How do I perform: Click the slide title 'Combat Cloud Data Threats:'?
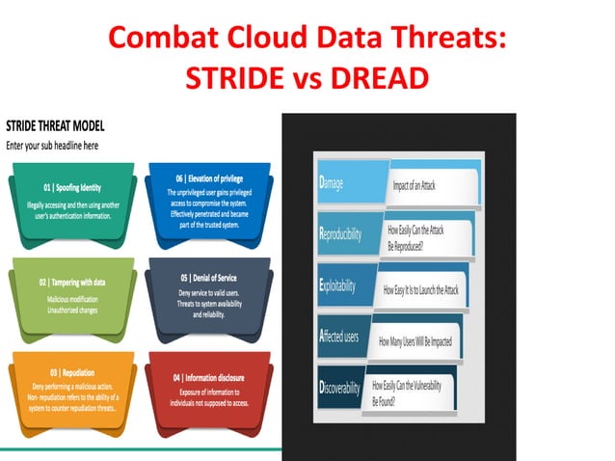tap(307, 40)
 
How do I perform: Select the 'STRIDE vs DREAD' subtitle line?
tap(307, 77)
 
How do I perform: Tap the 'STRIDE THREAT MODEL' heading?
tap(55, 126)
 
